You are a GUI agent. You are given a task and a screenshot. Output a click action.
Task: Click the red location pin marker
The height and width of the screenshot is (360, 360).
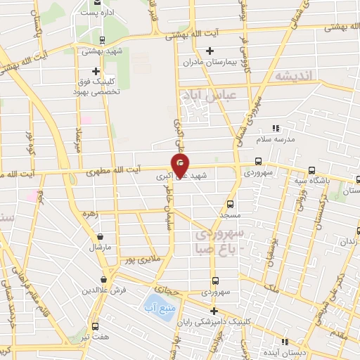(181, 165)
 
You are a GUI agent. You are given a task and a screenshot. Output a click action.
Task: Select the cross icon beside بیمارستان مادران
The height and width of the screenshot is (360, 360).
(210, 50)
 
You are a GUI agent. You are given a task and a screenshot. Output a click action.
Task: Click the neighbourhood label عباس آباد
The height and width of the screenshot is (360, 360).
(210, 94)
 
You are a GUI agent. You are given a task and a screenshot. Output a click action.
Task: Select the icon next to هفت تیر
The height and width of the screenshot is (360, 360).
(95, 326)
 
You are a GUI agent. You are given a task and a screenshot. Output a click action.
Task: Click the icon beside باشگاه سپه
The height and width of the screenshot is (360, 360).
(311, 169)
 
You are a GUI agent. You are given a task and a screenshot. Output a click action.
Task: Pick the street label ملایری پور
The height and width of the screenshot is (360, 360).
(150, 259)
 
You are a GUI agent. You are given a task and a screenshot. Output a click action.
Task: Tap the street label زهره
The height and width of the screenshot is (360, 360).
(89, 213)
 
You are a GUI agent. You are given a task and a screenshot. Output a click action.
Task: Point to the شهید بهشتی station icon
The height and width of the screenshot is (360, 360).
(103, 39)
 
